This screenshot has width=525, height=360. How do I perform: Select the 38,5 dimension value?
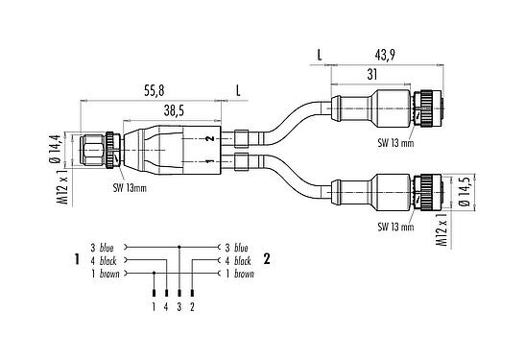click(173, 111)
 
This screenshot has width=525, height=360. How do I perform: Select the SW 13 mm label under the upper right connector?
click(395, 143)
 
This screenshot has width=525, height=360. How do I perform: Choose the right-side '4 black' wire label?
click(238, 260)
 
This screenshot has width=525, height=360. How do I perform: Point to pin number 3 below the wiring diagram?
click(179, 306)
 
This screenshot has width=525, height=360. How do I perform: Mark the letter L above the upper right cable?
click(319, 55)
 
